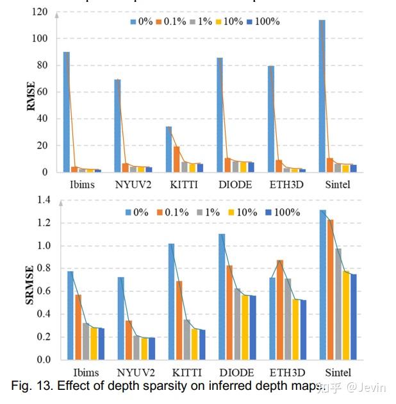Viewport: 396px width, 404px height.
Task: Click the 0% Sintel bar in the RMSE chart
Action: (x=322, y=96)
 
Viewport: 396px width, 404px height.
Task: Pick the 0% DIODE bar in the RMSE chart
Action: (x=220, y=115)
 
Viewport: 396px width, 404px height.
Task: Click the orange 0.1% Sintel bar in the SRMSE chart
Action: (x=330, y=289)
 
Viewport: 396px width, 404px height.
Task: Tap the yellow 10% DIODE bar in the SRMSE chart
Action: (x=243, y=327)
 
